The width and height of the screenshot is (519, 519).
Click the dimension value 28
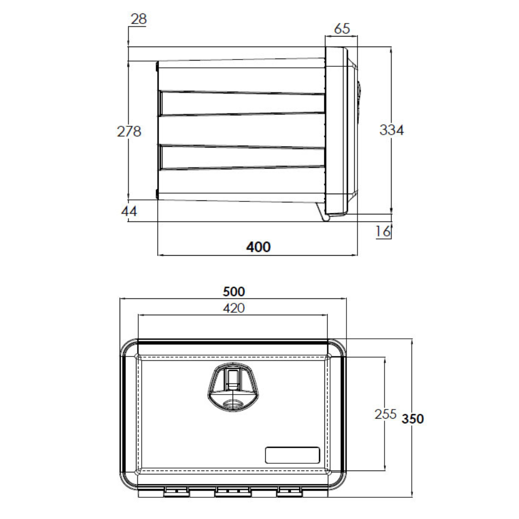click(139, 19)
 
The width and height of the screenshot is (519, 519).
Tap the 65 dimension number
click(342, 28)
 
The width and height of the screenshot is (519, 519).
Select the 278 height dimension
click(129, 131)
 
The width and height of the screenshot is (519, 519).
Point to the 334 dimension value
click(392, 130)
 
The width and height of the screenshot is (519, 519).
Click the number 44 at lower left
click(129, 211)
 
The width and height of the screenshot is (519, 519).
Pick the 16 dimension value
click(383, 231)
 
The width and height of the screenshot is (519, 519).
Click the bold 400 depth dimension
click(259, 247)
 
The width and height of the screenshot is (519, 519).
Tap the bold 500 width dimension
click(234, 292)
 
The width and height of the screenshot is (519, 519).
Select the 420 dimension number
click(234, 308)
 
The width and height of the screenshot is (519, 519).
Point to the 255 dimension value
click(385, 414)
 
